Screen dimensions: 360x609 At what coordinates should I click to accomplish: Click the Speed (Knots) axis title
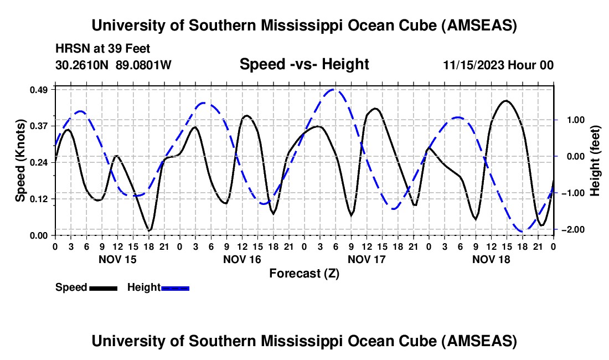[20, 161]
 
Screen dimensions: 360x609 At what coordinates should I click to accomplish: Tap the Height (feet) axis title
[595, 161]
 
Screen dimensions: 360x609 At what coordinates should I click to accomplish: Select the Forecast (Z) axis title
[304, 273]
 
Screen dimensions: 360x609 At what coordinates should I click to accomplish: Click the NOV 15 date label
[117, 259]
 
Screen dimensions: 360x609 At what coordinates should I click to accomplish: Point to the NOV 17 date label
[367, 259]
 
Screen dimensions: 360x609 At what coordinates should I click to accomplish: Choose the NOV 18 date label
[491, 259]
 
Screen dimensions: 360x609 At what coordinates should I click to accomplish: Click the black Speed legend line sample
[103, 288]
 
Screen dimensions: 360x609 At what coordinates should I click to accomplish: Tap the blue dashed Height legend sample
[175, 288]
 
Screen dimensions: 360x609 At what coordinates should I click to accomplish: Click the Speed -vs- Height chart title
[304, 64]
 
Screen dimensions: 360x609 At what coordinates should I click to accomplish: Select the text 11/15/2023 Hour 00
[498, 65]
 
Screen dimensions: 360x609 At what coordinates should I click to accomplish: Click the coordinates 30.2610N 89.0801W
[113, 65]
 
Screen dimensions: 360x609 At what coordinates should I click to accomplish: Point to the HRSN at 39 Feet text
[103, 49]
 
